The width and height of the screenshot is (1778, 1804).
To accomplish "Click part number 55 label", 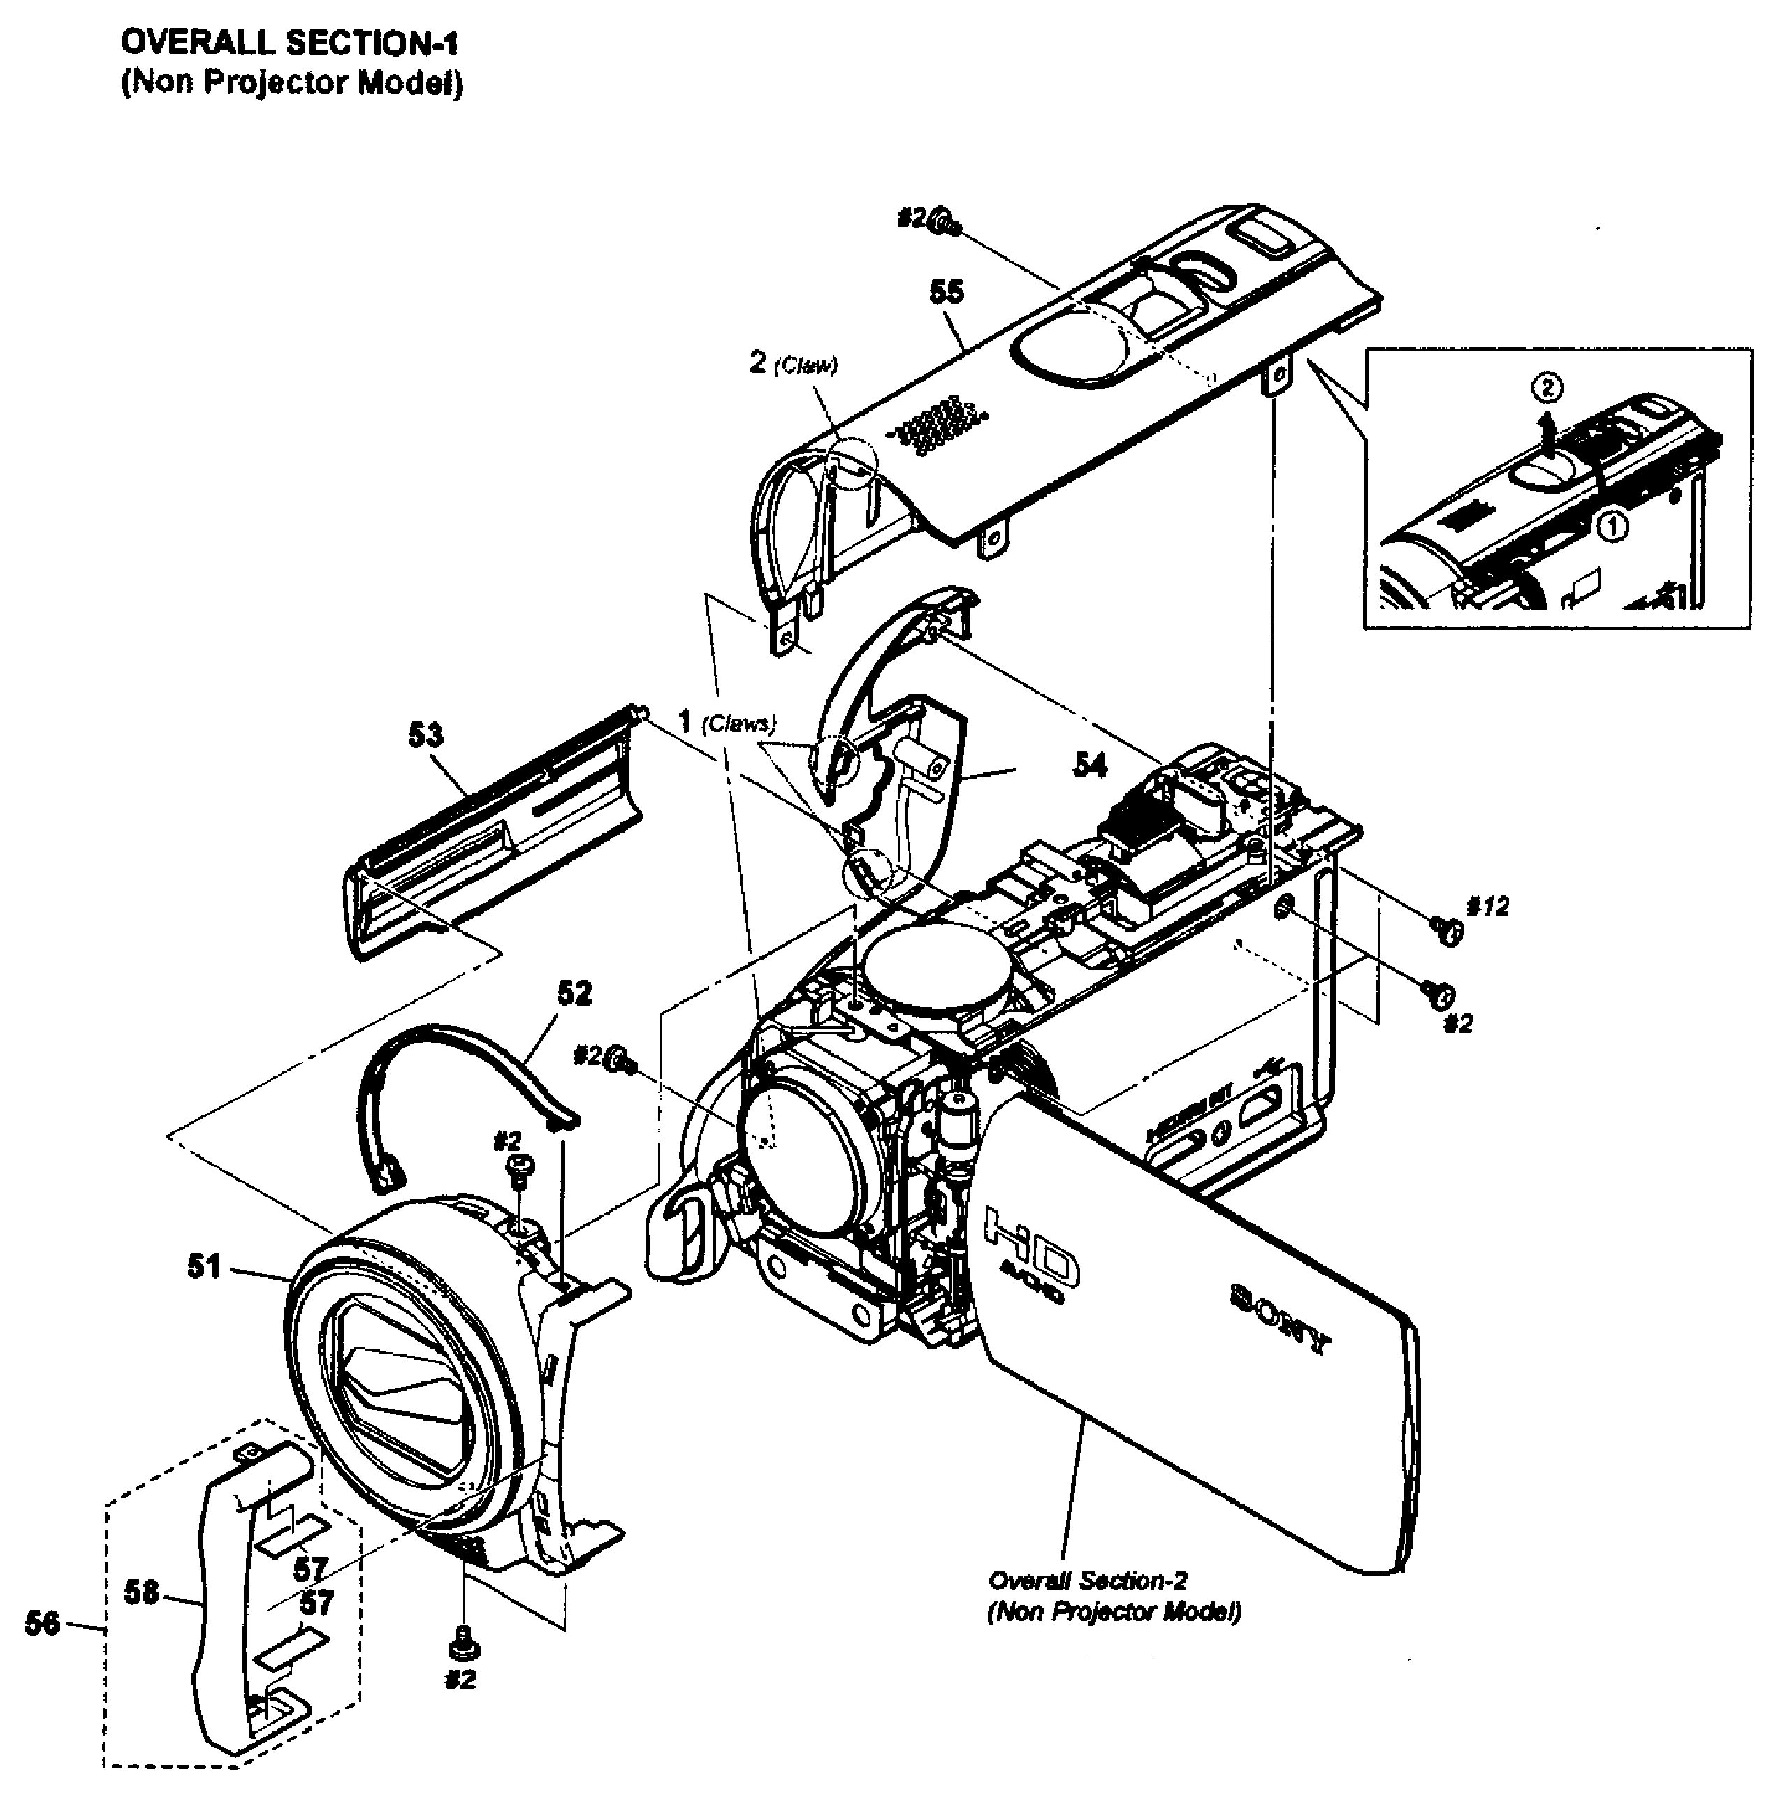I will [946, 292].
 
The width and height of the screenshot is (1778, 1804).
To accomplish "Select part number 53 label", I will [426, 736].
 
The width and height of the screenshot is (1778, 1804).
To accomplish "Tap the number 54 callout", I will [1090, 765].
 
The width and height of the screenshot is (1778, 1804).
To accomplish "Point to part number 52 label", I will [574, 994].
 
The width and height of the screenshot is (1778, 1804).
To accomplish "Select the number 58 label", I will [142, 1592].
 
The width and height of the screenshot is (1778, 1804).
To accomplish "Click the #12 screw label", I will [1487, 907].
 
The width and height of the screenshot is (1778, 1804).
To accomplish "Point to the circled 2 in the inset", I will [1547, 388].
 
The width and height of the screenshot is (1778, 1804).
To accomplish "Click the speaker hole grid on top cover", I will [938, 427].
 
